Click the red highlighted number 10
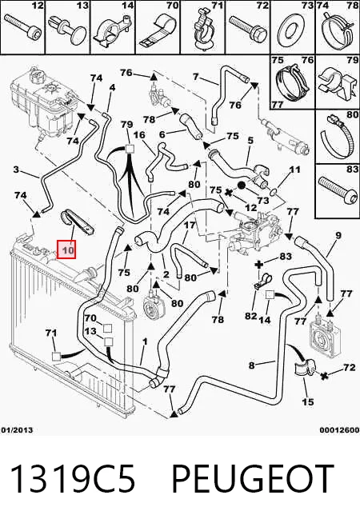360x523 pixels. [66, 250]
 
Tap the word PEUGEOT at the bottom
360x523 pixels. [253, 479]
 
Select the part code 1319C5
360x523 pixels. [73, 479]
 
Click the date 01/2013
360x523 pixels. [17, 430]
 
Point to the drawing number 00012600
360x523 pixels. [339, 430]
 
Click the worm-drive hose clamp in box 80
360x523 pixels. [336, 136]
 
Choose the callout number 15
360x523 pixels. [308, 401]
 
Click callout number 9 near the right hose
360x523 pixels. [338, 236]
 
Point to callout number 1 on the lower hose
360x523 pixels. [145, 341]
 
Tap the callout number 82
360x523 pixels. [250, 316]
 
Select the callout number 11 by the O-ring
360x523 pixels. [295, 170]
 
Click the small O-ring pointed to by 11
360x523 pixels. [273, 191]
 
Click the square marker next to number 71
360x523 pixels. [56, 356]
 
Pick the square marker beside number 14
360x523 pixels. [270, 295]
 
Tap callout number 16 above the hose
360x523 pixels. [139, 135]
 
